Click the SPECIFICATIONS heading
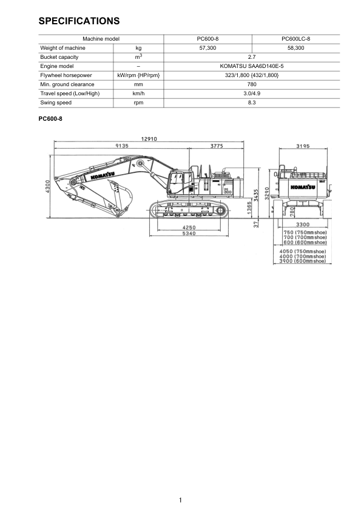79,21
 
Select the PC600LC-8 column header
296,39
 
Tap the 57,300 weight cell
207,48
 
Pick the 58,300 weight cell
296,48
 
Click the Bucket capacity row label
59,57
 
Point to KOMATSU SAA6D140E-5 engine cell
252,66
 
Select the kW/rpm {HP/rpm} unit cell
138,75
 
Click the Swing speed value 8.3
252,103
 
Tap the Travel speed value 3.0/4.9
252,93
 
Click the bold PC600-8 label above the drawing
50,119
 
